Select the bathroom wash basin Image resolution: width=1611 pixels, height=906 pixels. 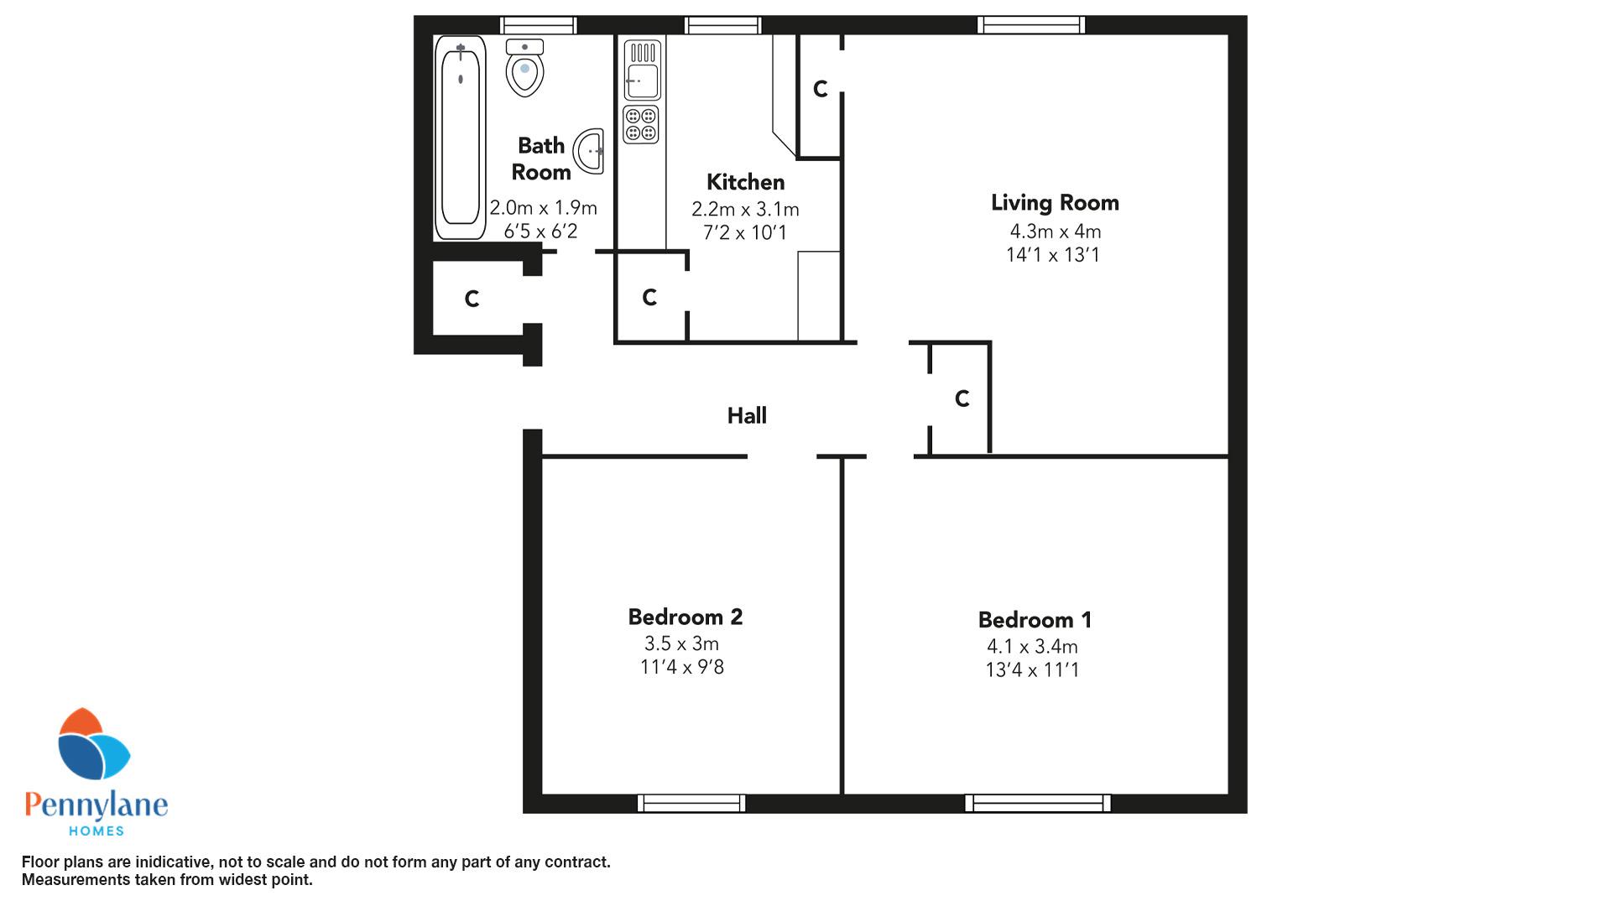point(589,152)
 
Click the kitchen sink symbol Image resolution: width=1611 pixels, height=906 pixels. point(642,70)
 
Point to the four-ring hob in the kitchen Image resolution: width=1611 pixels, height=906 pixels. point(641,124)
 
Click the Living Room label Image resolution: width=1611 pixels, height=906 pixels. point(1055,202)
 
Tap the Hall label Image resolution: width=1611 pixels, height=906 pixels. point(747,415)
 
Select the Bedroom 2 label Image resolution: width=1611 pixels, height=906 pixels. point(686,617)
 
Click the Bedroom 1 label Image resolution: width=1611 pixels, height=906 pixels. point(1035,620)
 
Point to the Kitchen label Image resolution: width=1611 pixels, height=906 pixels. point(745,182)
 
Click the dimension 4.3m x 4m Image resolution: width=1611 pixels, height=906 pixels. point(1056,232)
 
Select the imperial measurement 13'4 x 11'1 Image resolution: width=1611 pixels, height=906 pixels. point(1032,669)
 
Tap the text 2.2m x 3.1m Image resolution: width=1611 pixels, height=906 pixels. point(745,209)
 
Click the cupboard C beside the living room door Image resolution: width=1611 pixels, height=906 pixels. point(962,398)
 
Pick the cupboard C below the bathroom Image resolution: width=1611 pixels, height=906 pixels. point(472,299)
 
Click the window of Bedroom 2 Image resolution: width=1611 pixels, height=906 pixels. point(691,803)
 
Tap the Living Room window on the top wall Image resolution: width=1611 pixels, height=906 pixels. point(1031,25)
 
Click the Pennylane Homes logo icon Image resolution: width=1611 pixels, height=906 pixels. point(93,744)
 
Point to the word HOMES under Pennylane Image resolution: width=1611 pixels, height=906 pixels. point(96,830)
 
